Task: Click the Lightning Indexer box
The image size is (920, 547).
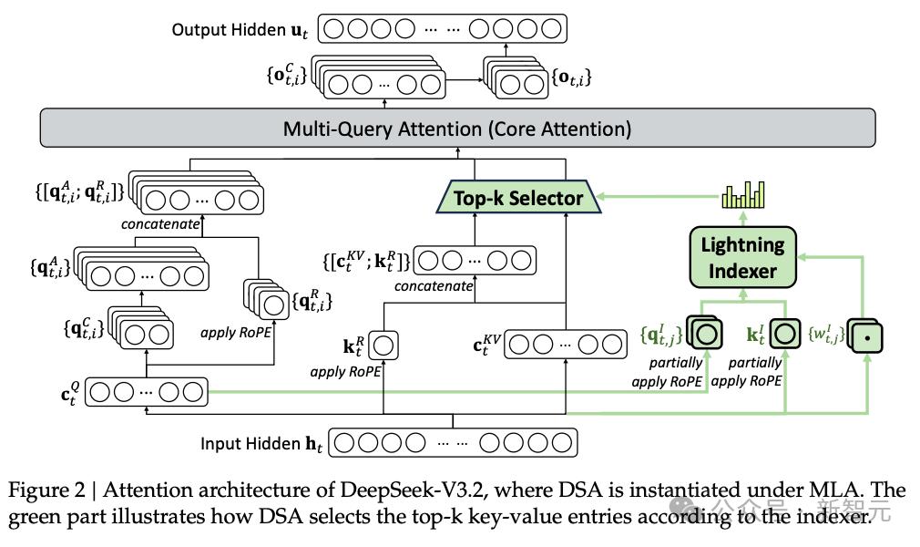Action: pos(742,257)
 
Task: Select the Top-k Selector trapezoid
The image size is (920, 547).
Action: pos(518,197)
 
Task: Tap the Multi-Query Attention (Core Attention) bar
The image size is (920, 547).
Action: pos(457,128)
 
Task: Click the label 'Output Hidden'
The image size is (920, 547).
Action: pos(229,29)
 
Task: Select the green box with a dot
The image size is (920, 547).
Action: pos(865,336)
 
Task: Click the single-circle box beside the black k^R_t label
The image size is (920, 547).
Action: pos(383,346)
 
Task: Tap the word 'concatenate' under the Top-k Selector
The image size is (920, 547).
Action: pos(434,286)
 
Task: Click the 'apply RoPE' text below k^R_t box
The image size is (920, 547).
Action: pos(345,372)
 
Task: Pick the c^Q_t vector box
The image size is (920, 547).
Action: pos(147,392)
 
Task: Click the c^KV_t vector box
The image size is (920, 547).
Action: pos(566,345)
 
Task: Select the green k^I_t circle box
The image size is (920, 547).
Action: pos(785,334)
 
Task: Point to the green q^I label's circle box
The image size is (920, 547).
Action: pos(705,334)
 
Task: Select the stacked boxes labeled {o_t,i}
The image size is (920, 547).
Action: pos(516,78)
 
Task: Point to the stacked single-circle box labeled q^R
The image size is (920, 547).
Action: pos(268,300)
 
